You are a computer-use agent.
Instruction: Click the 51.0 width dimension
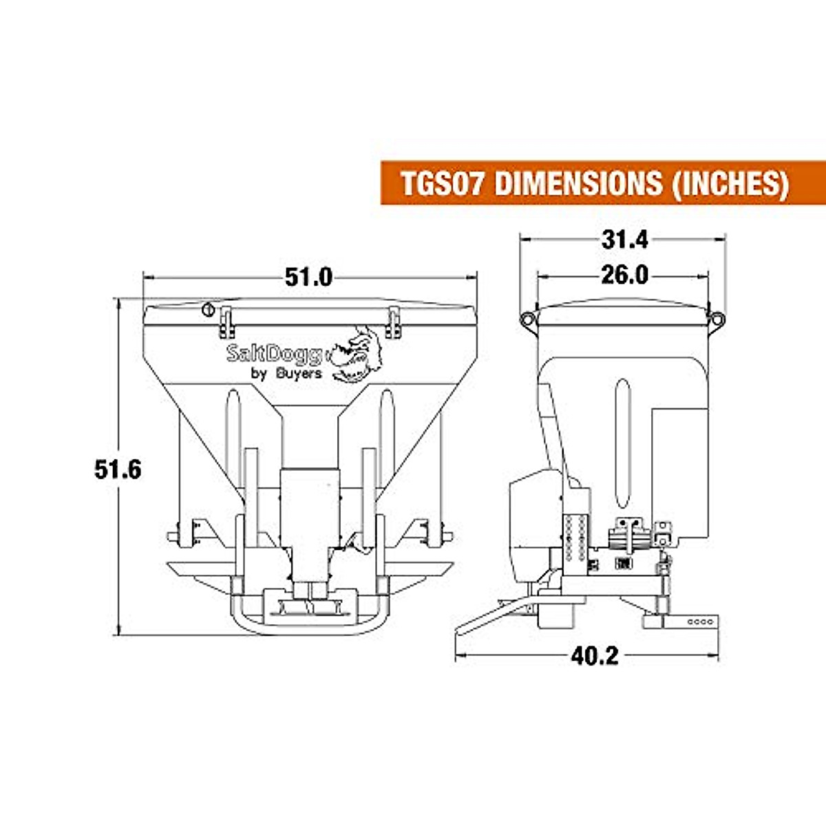click(308, 277)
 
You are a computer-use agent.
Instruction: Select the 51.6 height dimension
click(118, 469)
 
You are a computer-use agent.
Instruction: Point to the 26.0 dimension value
click(624, 275)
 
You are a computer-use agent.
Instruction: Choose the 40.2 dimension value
click(595, 656)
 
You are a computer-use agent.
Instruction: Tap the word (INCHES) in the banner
click(729, 184)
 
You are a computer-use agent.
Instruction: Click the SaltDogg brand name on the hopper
click(274, 354)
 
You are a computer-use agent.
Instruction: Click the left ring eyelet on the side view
click(528, 318)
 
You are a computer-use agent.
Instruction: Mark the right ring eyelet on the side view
click(717, 318)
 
